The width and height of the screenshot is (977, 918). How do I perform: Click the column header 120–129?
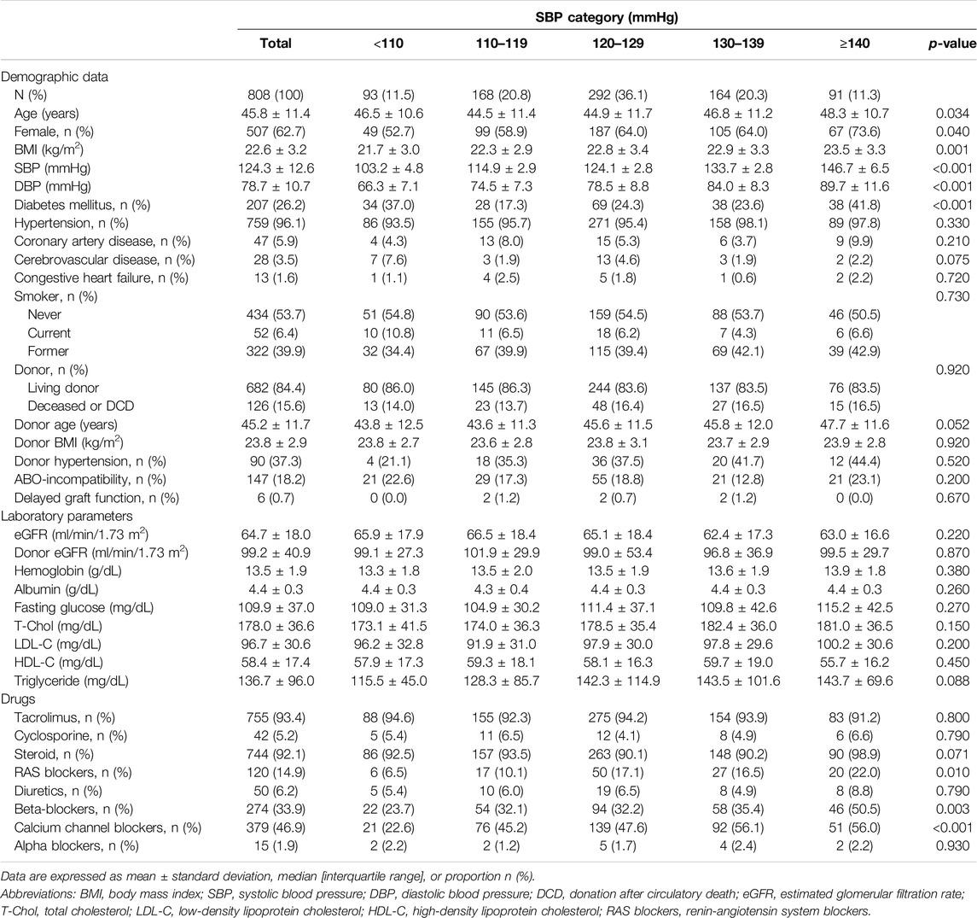coord(618,43)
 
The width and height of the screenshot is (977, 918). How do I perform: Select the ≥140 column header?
coord(853,43)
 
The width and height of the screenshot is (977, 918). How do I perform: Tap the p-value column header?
coord(951,44)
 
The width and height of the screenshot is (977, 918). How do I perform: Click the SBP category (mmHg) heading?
coord(607,17)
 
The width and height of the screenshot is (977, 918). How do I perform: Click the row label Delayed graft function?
coord(96,498)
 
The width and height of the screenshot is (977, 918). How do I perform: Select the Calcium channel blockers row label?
coord(108,827)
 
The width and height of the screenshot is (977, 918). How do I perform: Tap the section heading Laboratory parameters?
coord(67,517)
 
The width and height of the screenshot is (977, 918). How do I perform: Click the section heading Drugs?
coord(18,699)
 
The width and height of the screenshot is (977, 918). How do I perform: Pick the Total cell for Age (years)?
coord(276,114)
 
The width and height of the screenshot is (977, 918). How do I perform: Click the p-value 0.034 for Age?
coord(953,114)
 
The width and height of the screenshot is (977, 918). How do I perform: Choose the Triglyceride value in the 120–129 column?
coord(618,681)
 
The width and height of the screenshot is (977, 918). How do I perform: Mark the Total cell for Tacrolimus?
coord(276,718)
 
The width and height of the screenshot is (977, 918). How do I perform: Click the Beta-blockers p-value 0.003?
coord(953,810)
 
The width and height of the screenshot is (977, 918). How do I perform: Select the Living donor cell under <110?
coord(388,388)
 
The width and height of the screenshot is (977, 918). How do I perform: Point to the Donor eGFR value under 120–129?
coord(618,553)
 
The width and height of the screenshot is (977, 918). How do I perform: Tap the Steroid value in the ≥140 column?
coord(853,755)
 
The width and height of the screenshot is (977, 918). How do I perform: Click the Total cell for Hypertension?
coord(276,223)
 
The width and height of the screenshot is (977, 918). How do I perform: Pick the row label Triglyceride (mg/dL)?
coord(72,681)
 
